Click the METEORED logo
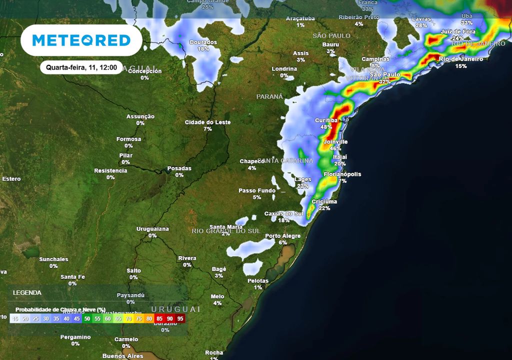pos(81,40)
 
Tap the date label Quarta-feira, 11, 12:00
pos(81,67)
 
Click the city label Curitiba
pos(327,120)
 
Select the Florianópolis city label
pos(342,174)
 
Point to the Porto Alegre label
pos(283,236)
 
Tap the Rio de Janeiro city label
pos(461,59)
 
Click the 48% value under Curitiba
pos(326,127)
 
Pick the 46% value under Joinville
pos(335,148)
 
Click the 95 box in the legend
pos(180,318)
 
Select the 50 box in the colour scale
pos(87,318)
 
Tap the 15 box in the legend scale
pos(15,318)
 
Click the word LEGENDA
pos(27,292)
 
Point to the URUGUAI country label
pos(175,309)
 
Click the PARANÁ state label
pos(269,96)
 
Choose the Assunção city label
pos(140,116)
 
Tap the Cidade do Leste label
pos(208,122)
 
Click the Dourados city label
pos(203,42)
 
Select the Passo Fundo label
pos(256,190)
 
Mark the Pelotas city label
pos(258,280)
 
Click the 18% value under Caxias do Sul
pos(284,220)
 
